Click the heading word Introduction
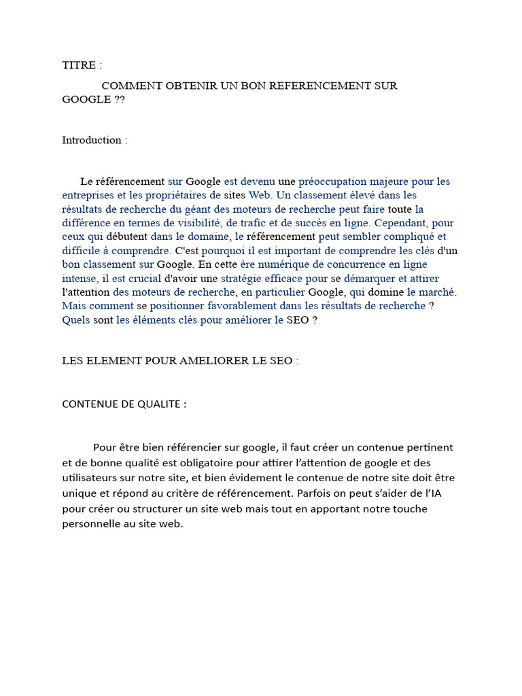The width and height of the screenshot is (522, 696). click(x=92, y=140)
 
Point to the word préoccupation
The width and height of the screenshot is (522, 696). click(x=332, y=181)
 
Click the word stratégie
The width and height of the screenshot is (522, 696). click(x=245, y=278)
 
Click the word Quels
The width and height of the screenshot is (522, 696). click(x=76, y=319)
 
